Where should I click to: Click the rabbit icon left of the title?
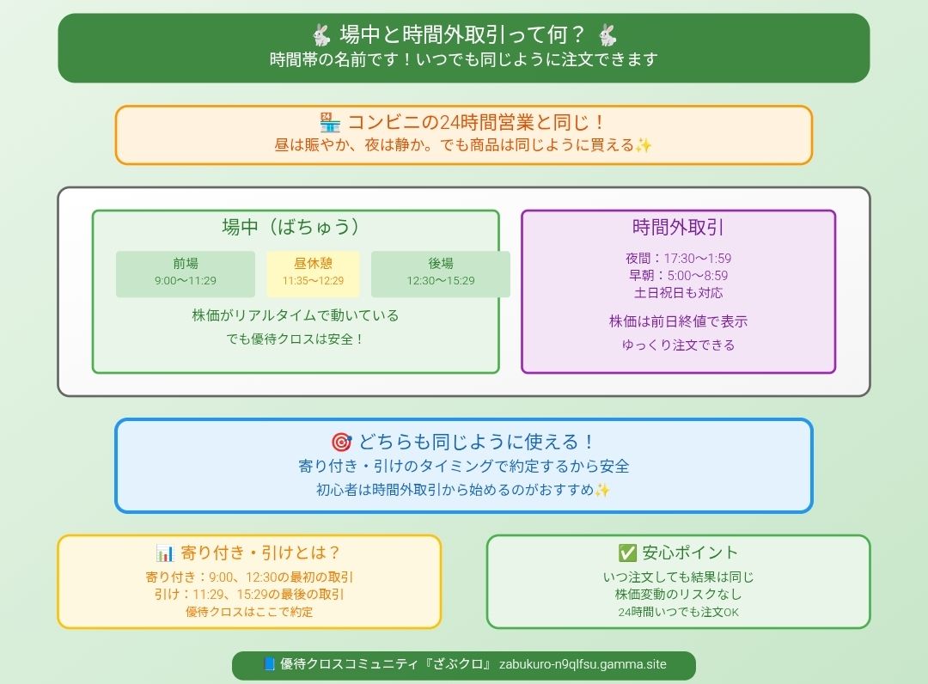tap(321, 35)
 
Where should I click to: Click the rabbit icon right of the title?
tap(607, 35)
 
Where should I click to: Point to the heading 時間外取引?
tap(678, 228)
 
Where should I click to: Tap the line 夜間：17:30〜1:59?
tap(678, 259)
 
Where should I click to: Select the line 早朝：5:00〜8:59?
tap(678, 276)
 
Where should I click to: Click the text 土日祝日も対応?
tap(678, 293)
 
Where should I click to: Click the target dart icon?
tap(341, 443)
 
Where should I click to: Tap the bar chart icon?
tap(165, 553)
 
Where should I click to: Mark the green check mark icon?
tap(627, 553)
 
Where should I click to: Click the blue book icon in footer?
tap(269, 664)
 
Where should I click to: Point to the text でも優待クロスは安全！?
tap(296, 339)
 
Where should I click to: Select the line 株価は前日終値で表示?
tap(678, 321)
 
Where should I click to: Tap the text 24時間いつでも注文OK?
tap(678, 613)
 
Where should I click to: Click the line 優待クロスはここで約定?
tap(249, 613)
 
